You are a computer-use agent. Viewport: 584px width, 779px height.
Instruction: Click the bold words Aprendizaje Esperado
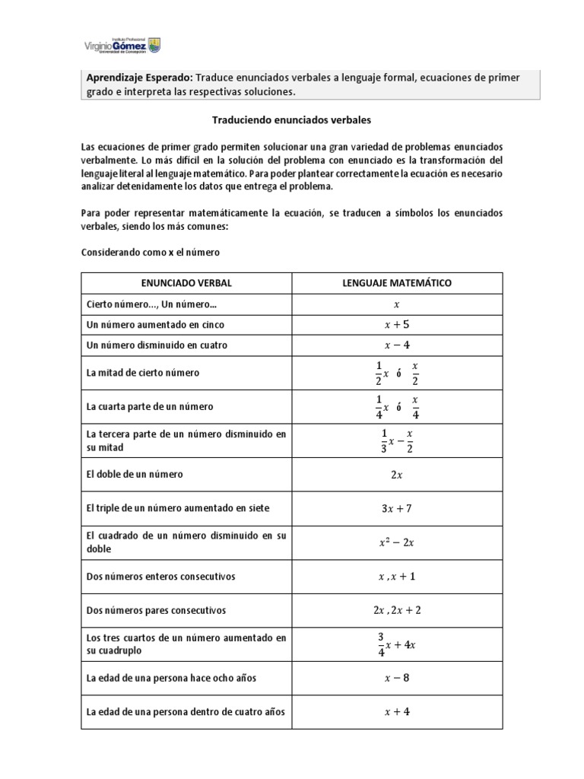coord(139,78)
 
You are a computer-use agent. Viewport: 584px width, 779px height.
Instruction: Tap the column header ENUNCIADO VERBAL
coord(186,283)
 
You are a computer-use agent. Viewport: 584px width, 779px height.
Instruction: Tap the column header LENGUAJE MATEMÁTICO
coord(395,283)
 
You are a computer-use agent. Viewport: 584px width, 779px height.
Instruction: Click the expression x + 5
coord(395,325)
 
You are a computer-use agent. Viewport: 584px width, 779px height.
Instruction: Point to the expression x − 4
coord(395,345)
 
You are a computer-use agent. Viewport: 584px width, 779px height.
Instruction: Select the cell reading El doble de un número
coord(135,475)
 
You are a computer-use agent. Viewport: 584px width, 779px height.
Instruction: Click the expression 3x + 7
coord(395,508)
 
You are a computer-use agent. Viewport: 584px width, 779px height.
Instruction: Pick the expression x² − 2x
coord(395,542)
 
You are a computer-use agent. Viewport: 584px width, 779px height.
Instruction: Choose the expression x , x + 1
coord(395,577)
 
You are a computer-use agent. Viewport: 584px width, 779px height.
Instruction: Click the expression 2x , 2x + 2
coord(395,610)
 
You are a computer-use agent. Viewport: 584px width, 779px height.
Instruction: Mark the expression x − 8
coord(395,679)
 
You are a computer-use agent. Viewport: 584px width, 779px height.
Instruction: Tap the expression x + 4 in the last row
coord(395,712)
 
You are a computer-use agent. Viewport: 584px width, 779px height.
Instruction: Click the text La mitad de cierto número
coord(142,373)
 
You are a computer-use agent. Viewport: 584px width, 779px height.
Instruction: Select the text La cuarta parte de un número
coord(149,406)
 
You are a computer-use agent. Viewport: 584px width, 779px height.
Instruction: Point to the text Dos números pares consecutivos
coord(156,610)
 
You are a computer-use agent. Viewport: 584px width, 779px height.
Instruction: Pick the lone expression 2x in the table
coord(395,475)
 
